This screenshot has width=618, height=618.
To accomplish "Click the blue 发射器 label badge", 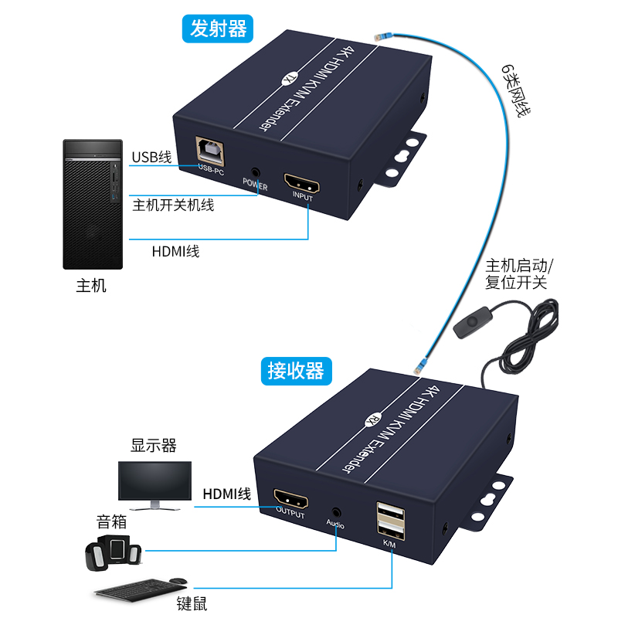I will pos(219,29).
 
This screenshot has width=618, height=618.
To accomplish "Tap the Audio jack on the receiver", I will pos(335,512).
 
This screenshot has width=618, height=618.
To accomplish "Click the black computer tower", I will pos(93,204).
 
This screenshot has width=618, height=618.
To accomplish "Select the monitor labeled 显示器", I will pos(154,484).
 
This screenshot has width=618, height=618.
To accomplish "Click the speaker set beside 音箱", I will pos(114,550).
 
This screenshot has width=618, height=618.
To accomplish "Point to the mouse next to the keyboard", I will pos(178,580).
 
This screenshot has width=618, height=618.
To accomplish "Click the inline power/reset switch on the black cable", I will pos(468,328).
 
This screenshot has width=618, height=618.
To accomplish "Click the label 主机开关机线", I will pos(174,205).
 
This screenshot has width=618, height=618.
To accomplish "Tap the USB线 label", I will pos(151,158).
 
